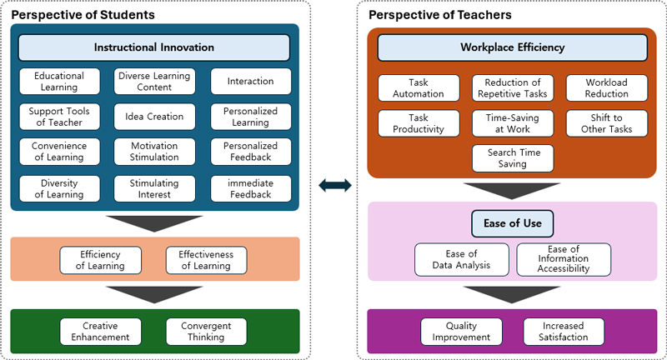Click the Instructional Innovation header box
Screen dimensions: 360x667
154,47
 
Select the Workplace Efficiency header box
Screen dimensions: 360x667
512,47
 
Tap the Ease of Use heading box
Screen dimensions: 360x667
512,222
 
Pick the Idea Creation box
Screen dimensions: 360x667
154,117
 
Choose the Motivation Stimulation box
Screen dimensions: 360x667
154,152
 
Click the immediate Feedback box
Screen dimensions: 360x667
250,188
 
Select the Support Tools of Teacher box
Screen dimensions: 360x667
59,117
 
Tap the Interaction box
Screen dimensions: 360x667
250,82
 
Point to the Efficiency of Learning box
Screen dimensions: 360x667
100,260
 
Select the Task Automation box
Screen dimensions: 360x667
419,88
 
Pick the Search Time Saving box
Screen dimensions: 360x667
513,158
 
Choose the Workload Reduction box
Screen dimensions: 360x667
606,88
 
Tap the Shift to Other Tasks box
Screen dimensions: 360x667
606,123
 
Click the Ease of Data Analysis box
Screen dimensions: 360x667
462,260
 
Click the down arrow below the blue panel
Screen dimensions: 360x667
154,221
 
